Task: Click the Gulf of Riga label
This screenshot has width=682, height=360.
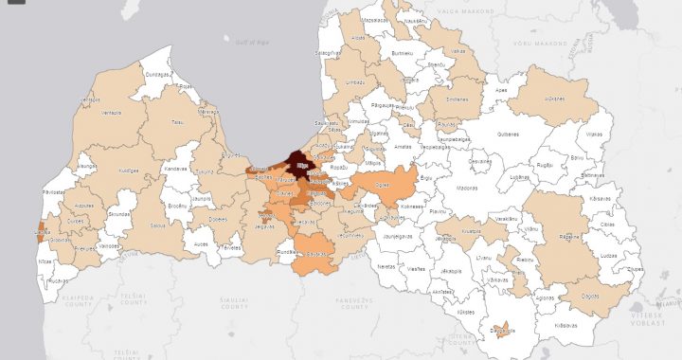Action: click(248, 40)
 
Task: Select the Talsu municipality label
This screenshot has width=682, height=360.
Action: click(176, 121)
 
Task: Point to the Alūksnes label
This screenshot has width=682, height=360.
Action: click(554, 99)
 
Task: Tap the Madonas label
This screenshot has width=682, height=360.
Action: click(467, 189)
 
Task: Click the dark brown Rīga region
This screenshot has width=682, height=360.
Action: click(301, 164)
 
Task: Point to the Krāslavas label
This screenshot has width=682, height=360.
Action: click(565, 327)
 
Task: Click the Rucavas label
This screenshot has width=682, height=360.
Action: click(56, 280)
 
